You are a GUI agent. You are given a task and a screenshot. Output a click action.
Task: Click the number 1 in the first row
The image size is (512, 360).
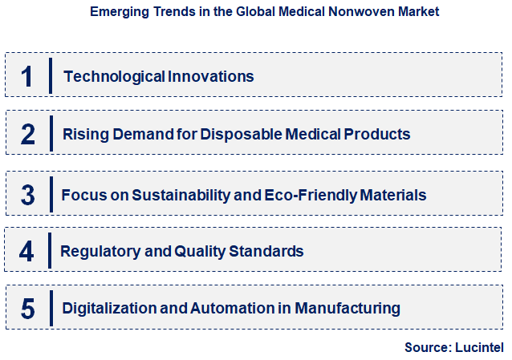click(27, 76)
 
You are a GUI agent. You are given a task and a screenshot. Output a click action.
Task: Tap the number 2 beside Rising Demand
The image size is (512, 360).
click(27, 134)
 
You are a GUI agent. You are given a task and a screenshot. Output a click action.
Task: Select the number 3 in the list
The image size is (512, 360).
click(27, 195)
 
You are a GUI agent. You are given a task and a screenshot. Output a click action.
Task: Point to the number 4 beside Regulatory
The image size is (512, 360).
click(27, 251)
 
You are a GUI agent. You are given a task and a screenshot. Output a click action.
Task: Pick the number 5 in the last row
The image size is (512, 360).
click(27, 308)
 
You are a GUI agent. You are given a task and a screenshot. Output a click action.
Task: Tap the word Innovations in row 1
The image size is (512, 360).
click(212, 76)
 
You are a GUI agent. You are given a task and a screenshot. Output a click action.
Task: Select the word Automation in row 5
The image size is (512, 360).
click(231, 308)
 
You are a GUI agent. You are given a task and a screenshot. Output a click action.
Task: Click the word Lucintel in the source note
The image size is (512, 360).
click(479, 347)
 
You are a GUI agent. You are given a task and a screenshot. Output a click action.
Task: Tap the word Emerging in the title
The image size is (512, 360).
click(120, 13)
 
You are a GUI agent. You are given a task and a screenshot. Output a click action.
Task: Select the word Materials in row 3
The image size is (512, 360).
click(393, 195)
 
